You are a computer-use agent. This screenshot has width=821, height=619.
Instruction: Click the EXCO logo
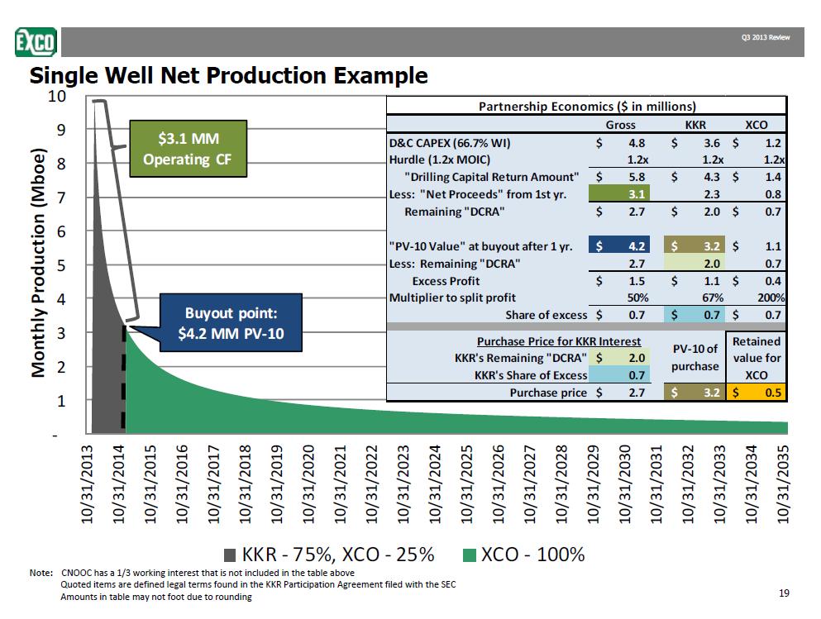pyautogui.click(x=36, y=40)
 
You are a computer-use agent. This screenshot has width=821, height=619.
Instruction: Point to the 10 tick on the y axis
pyautogui.click(x=56, y=96)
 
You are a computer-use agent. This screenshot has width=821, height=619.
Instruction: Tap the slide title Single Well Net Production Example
pyautogui.click(x=229, y=76)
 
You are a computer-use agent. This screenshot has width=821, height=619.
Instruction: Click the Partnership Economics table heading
pyautogui.click(x=587, y=106)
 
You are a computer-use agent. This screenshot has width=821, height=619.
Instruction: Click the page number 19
pyautogui.click(x=785, y=593)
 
